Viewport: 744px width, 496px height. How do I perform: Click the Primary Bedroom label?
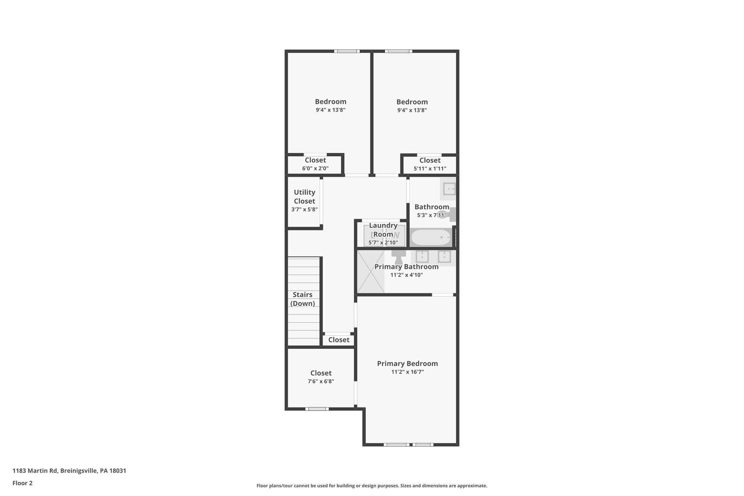pos(407,363)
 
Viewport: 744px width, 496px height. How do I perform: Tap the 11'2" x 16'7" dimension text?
pos(407,372)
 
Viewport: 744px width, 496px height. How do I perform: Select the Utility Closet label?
pos(304,197)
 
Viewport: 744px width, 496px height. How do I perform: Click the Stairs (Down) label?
pos(302,299)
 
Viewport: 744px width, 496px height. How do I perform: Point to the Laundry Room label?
pos(383,230)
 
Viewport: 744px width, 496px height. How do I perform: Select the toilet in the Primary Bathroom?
pos(399,257)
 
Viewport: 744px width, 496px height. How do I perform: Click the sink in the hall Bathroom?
pos(449,189)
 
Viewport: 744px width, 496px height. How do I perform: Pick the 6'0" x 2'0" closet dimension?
pos(315,169)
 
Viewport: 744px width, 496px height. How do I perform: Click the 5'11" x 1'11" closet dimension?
pos(430,169)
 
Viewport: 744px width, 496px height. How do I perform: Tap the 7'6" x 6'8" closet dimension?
pos(321,382)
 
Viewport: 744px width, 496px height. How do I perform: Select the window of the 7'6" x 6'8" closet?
pos(317,409)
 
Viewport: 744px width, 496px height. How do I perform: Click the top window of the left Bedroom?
pos(347,51)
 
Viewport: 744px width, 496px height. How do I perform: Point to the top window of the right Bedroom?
pos(399,51)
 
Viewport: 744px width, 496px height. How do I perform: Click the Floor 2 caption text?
pos(23,483)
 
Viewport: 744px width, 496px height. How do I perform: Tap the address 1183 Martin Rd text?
pos(69,471)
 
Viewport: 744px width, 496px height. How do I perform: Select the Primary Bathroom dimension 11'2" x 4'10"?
pos(407,275)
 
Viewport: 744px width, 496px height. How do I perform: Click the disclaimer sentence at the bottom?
pos(372,485)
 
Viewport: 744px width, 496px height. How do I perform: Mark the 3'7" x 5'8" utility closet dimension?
pos(304,210)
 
